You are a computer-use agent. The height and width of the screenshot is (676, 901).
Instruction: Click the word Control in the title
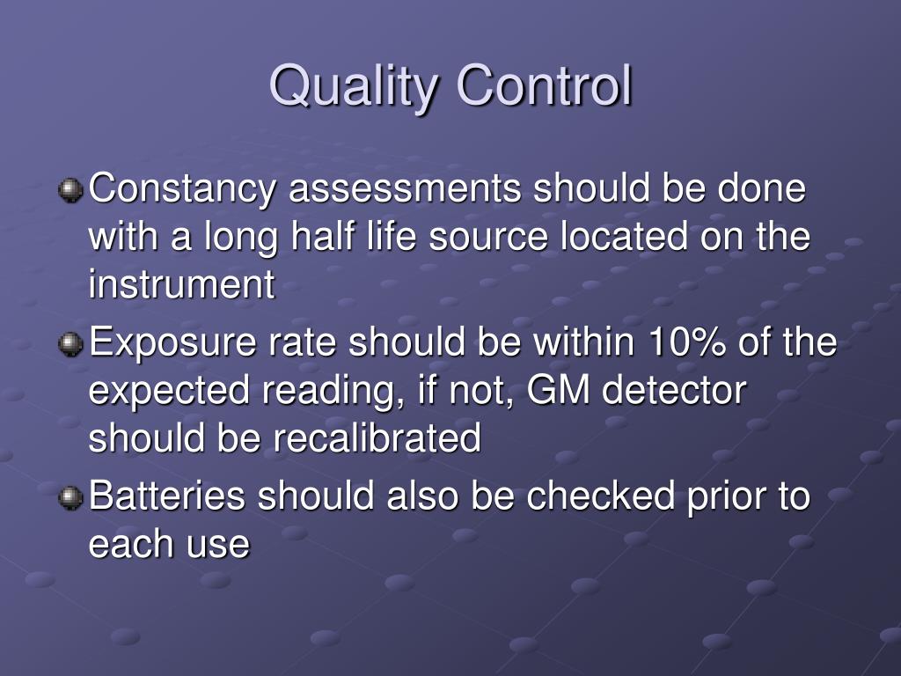545,86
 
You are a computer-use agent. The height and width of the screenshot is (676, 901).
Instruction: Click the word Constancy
183,190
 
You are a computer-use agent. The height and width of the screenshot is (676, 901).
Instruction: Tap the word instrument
182,284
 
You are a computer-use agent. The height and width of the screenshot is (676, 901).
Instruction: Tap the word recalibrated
377,437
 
